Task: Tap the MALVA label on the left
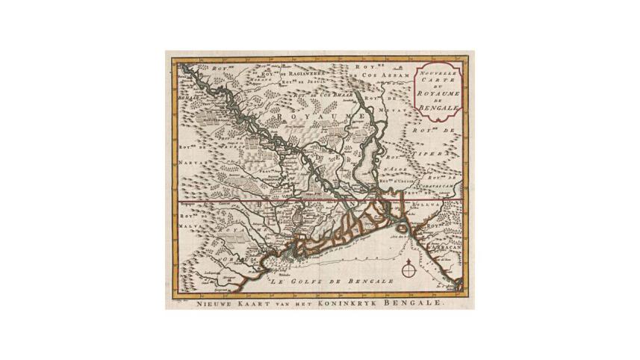pyautogui.click(x=190, y=223)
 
